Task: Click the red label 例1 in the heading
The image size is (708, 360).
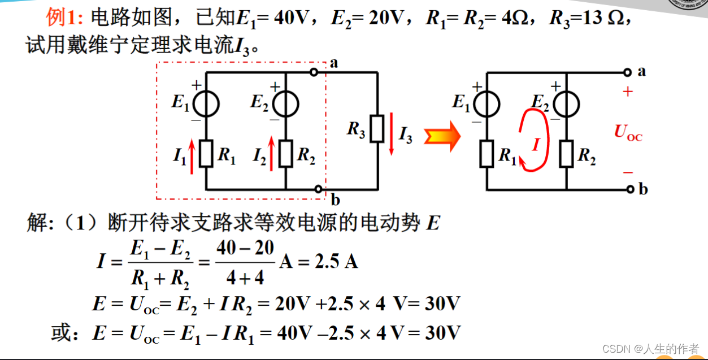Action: pyautogui.click(x=64, y=19)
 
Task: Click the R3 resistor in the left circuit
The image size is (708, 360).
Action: pyautogui.click(x=377, y=130)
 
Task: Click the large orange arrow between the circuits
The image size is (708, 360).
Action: pyautogui.click(x=442, y=137)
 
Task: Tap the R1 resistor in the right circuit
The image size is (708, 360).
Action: pyautogui.click(x=487, y=154)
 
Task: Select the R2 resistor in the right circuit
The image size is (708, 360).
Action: pyautogui.click(x=567, y=154)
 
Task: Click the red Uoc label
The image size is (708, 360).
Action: pyautogui.click(x=628, y=133)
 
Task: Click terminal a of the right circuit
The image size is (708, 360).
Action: pyautogui.click(x=627, y=72)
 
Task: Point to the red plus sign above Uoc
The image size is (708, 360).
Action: pyautogui.click(x=628, y=92)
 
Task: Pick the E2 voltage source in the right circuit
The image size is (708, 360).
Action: pyautogui.click(x=567, y=104)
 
